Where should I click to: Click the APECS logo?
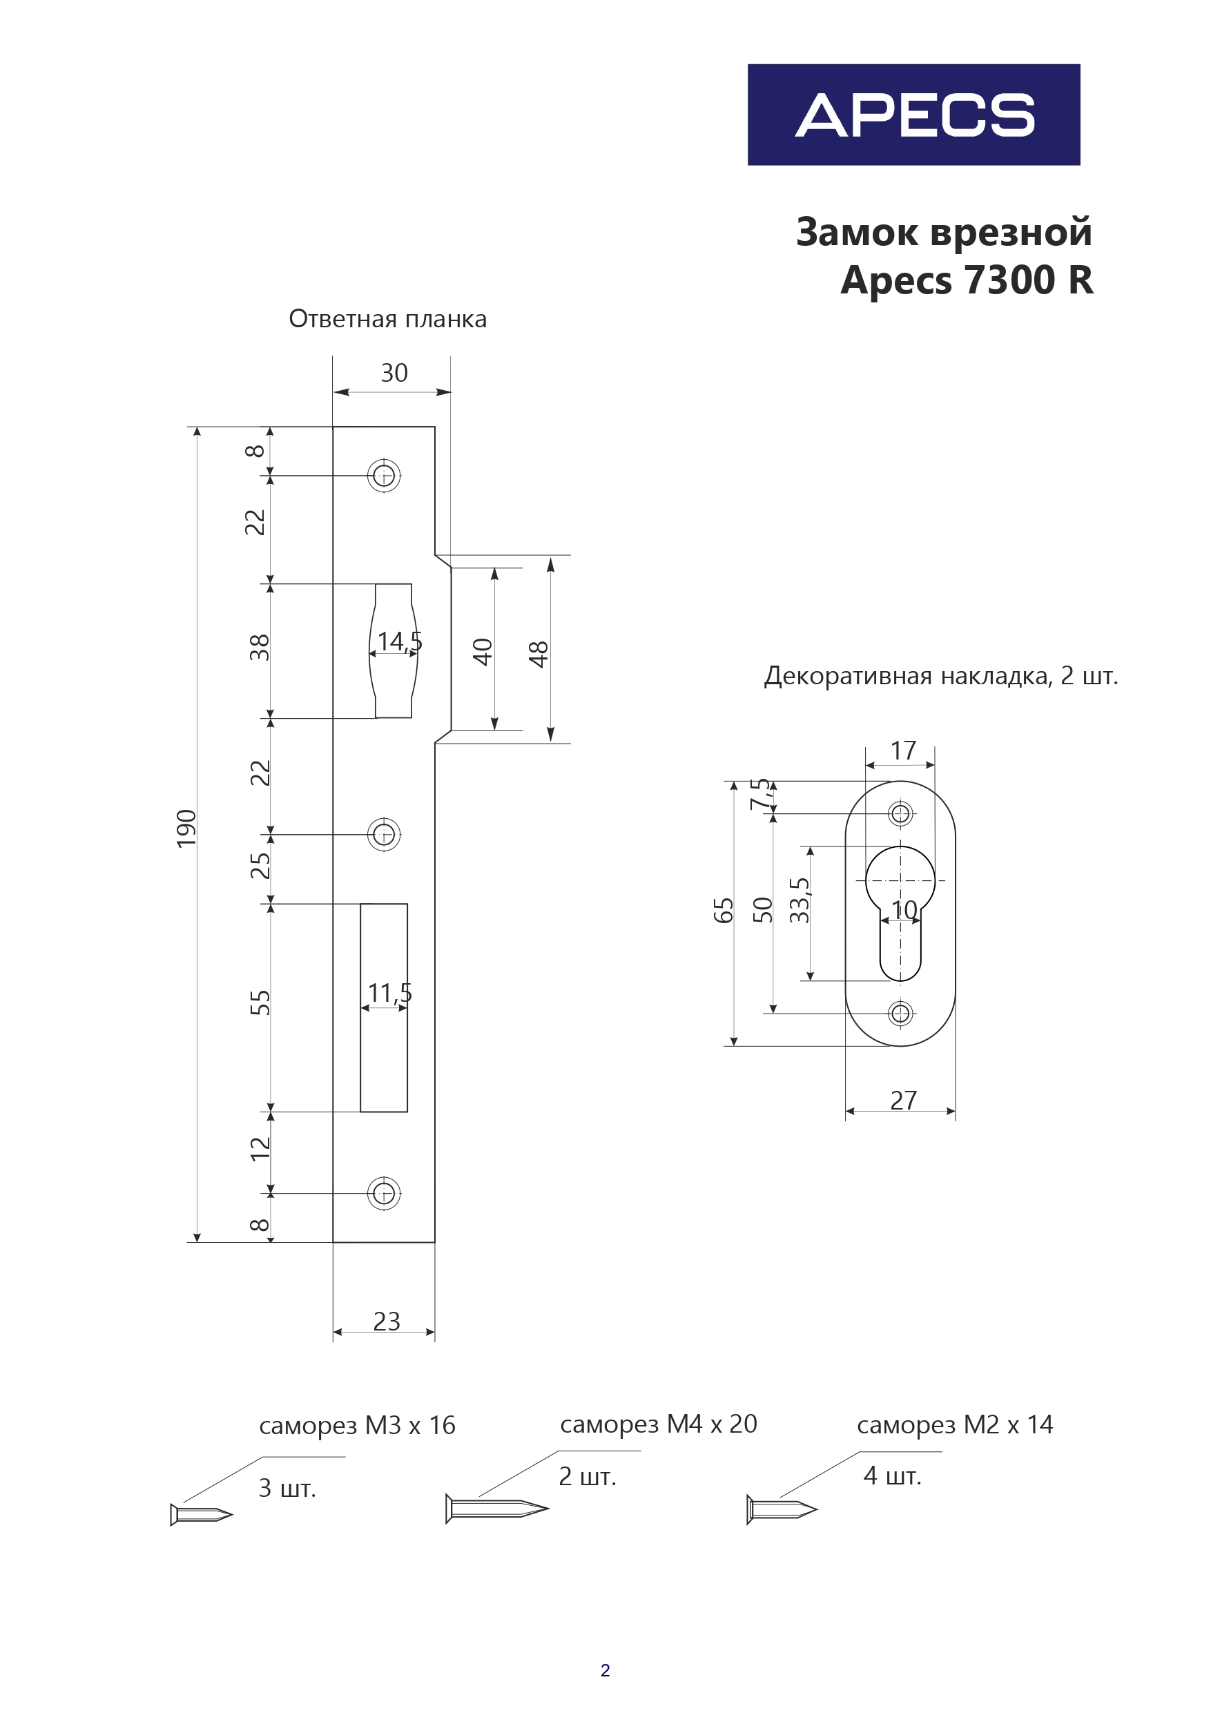pos(913,115)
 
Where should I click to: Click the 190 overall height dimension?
pos(186,828)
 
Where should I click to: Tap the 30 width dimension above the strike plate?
pos(394,373)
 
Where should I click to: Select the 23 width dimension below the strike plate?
pos(387,1322)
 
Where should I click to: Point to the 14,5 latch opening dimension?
pos(399,641)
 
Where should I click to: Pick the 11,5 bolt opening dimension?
pos(389,993)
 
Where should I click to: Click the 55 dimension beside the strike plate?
pos(260,1003)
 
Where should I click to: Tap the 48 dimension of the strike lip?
pos(539,654)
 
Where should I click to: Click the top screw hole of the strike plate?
pos(385,475)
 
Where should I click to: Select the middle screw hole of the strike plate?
pos(385,834)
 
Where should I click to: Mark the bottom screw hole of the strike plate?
pos(385,1194)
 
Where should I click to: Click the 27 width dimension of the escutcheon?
pos(903,1101)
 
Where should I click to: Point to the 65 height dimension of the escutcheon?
pos(724,910)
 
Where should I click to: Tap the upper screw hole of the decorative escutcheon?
pos(900,813)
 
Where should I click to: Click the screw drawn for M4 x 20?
pos(496,1509)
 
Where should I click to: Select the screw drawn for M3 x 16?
pos(202,1515)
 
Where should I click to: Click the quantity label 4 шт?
pos(893,1475)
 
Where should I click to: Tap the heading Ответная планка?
pos(387,319)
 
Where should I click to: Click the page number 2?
pos(605,1670)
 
